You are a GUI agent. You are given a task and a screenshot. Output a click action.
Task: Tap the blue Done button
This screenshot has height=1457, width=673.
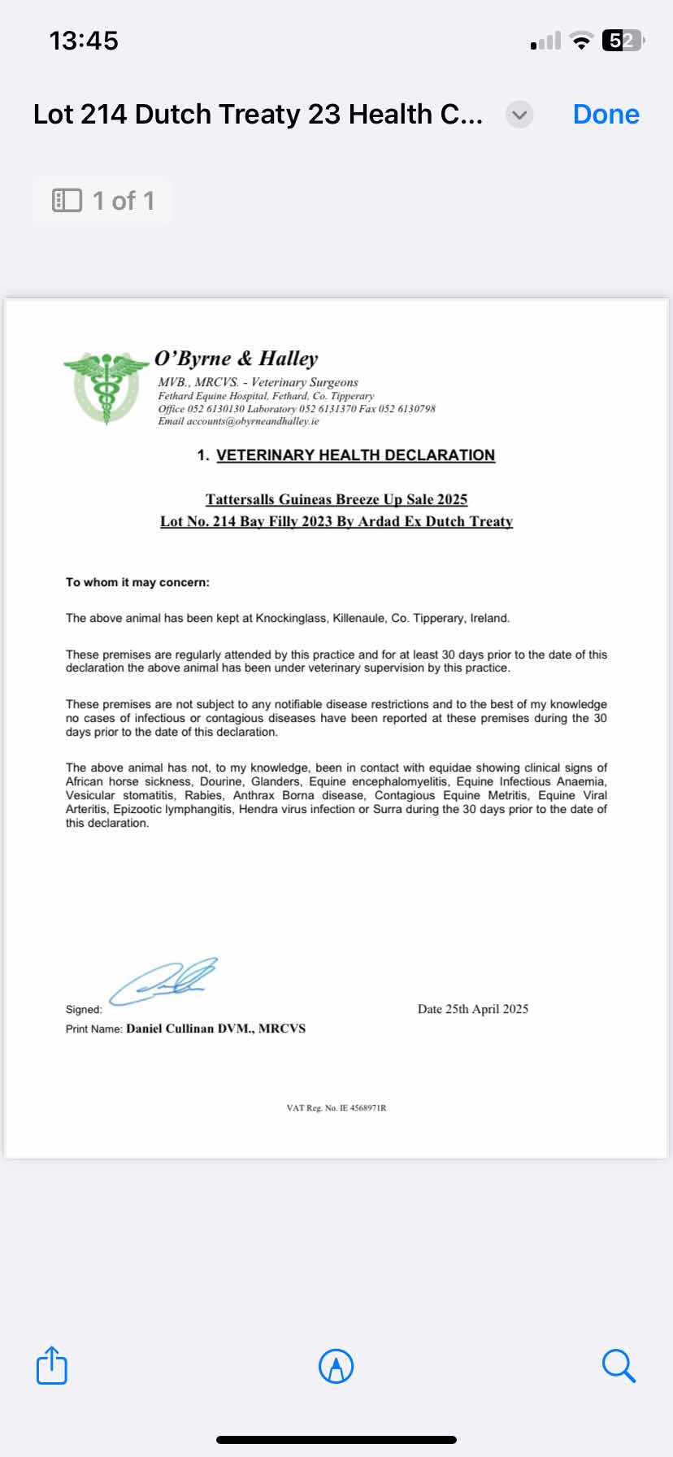click(x=606, y=115)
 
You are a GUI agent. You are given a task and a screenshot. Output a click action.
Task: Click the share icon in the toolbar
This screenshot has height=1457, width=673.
click(x=52, y=1365)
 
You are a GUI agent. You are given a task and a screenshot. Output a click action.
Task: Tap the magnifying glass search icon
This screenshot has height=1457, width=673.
click(x=619, y=1365)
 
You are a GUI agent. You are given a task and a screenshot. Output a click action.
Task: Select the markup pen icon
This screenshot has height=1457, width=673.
click(x=336, y=1366)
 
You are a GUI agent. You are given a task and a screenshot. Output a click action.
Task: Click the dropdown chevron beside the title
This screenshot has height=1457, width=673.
click(x=519, y=115)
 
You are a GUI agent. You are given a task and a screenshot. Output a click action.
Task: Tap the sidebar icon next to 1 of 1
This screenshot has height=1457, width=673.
click(x=67, y=201)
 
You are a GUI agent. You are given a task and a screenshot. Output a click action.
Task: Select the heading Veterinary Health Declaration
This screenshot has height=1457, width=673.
click(x=355, y=455)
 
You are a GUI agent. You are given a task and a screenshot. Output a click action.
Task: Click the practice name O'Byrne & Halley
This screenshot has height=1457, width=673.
click(x=236, y=359)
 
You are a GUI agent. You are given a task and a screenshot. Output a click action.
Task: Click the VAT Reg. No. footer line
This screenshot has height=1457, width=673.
click(x=336, y=1108)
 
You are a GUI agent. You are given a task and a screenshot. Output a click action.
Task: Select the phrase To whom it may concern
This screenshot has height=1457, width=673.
click(x=137, y=582)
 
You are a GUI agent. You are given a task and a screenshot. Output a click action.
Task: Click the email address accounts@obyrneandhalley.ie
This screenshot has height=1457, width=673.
click(x=253, y=421)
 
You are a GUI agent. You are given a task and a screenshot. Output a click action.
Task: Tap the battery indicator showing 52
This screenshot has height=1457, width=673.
click(x=622, y=41)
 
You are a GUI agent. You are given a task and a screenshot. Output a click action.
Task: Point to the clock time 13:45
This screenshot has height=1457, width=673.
click(x=84, y=41)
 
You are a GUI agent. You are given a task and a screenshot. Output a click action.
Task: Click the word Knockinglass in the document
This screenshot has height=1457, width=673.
click(x=291, y=618)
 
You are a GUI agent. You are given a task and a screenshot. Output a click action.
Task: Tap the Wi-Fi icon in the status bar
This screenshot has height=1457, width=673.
click(x=581, y=41)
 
